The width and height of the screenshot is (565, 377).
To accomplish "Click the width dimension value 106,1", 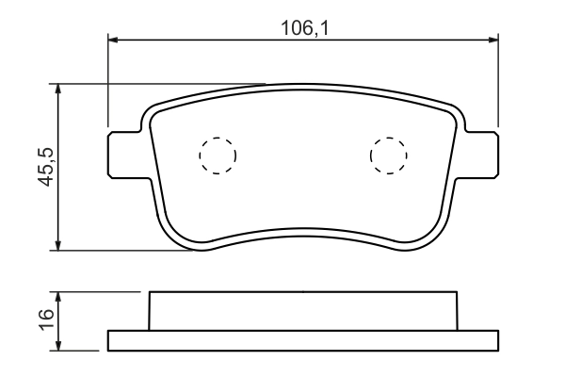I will [303, 28].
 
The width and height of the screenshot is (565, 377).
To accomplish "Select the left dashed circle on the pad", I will [218, 156].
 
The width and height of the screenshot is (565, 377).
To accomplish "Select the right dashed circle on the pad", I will [388, 156].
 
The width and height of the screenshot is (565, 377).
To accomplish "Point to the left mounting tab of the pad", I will [125, 154].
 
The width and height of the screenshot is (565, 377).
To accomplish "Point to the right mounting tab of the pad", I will [481, 154].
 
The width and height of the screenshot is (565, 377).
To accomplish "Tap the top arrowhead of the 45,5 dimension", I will [59, 89].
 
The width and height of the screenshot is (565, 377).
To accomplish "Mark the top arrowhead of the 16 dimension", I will [59, 296].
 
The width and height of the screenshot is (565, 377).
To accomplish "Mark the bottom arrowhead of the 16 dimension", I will [59, 345].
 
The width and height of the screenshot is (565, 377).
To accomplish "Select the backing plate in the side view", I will [303, 340].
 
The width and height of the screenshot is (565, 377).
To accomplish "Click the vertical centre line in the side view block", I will [303, 311].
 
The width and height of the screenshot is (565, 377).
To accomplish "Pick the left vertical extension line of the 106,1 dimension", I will [109, 85].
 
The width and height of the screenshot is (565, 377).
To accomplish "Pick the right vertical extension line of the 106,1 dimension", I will [496, 85].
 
